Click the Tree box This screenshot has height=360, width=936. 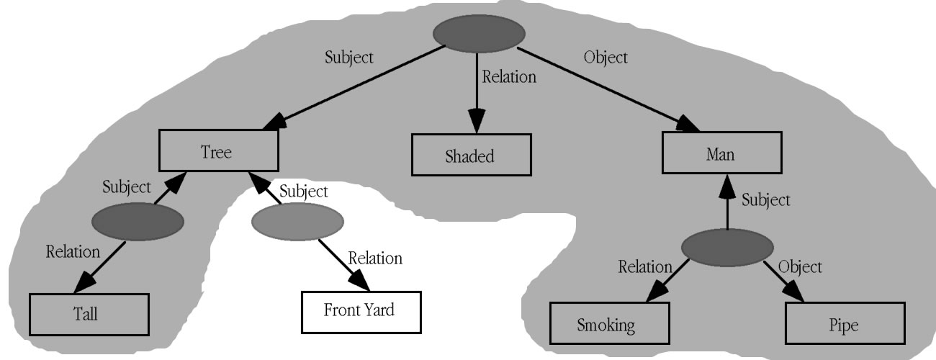(x=218, y=152)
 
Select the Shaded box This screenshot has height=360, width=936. (x=471, y=155)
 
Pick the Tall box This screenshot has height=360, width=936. (x=89, y=314)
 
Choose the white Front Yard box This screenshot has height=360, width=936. (x=359, y=312)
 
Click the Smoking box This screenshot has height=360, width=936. (x=606, y=324)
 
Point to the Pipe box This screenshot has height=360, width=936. (x=843, y=324)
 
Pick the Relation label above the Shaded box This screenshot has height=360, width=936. (x=509, y=76)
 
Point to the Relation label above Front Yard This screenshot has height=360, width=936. (x=375, y=257)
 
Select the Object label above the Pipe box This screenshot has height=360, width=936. (x=799, y=267)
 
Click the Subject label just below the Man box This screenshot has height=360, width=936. (x=765, y=199)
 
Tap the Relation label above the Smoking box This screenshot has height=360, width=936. (x=644, y=267)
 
